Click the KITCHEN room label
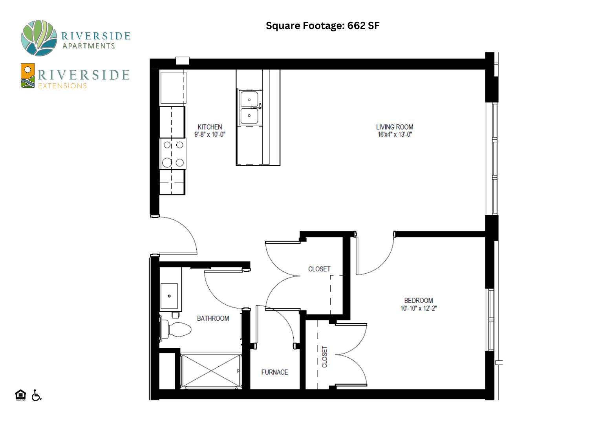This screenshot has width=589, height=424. click(210, 127)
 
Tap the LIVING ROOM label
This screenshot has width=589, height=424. click(394, 127)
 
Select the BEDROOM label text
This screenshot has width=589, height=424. click(418, 300)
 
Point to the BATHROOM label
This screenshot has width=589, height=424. click(213, 318)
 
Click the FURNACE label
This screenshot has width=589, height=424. click(274, 372)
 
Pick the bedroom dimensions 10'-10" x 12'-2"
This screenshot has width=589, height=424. click(418, 308)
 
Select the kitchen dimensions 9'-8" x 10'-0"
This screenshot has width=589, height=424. click(210, 134)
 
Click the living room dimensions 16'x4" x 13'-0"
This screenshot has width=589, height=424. click(395, 134)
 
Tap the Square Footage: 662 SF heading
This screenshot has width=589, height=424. click(323, 26)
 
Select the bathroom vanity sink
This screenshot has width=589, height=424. click(169, 296)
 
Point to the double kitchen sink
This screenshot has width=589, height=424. click(250, 108)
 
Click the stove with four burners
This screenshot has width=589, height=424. click(173, 154)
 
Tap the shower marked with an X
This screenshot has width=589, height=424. click(211, 371)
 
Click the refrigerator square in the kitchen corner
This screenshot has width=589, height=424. click(173, 88)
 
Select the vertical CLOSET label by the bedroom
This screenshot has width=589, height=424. click(324, 357)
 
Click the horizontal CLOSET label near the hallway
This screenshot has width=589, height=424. click(319, 269)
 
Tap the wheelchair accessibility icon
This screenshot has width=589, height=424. click(36, 395)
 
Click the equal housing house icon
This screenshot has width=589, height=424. click(20, 395)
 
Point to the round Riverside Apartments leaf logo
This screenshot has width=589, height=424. click(39, 38)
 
